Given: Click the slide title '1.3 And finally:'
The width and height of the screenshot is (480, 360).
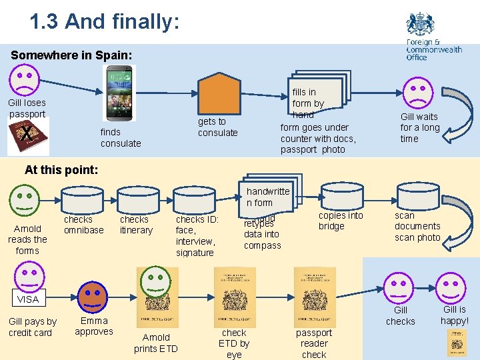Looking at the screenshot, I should click(105, 21).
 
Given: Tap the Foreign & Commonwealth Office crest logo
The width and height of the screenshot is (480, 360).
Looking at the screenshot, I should click(420, 25).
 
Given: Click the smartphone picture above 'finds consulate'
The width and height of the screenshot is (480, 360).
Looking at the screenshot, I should click(119, 93).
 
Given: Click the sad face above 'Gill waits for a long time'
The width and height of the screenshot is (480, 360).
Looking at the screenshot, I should click(418, 93).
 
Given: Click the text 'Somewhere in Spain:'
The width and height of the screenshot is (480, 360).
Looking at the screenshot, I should click(71, 55).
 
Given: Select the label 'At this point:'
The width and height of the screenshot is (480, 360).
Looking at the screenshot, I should click(61, 169).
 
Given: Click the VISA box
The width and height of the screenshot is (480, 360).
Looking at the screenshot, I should click(28, 299).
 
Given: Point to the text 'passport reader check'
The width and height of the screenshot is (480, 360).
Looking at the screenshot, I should click(314, 343).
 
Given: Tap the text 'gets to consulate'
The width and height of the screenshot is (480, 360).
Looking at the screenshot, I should click(217, 127).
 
